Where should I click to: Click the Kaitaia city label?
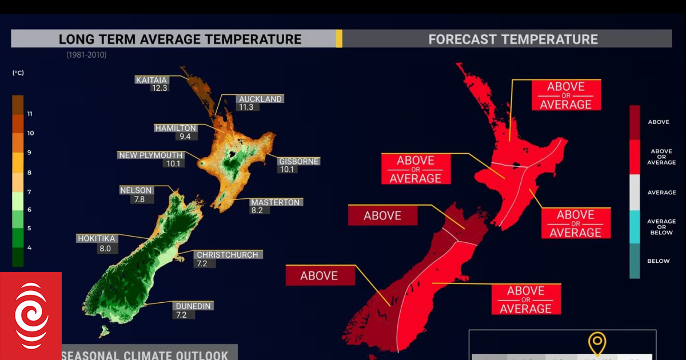151,80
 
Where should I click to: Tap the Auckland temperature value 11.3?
246,107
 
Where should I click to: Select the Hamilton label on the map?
176,129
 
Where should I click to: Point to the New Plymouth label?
151,155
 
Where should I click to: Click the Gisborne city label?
298,161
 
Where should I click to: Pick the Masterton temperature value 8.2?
256,210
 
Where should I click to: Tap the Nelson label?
136,190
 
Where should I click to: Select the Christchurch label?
227,255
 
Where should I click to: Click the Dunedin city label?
193,306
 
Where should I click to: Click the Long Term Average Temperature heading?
180,39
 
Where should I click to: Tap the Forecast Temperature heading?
513,39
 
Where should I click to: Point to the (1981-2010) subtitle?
86,55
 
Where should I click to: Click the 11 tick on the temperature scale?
30,114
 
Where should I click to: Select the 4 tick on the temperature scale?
29,247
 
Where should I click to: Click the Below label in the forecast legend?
658,261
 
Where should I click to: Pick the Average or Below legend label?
661,227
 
